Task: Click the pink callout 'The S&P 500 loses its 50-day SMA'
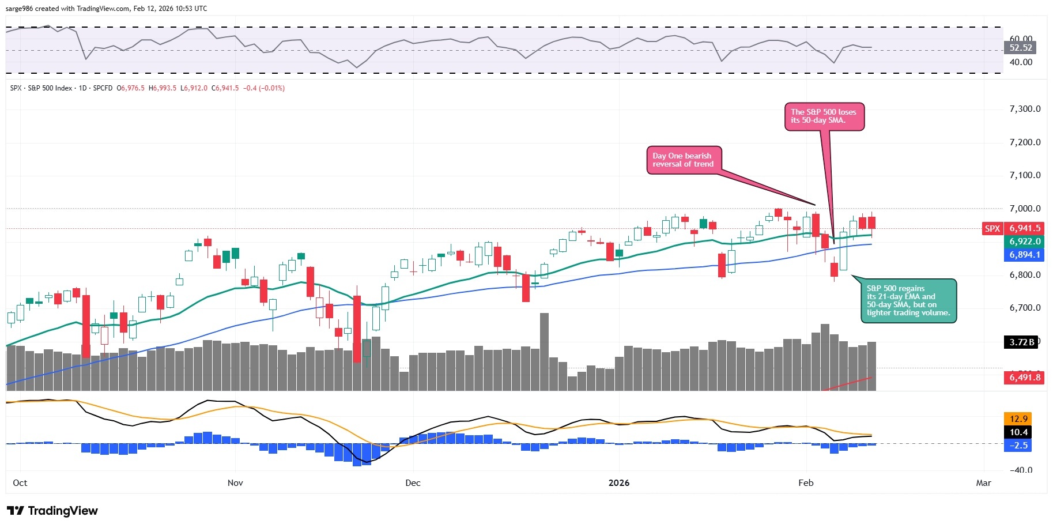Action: pos(824,116)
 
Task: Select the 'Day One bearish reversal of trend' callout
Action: pos(683,160)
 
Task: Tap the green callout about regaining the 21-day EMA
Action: pos(908,300)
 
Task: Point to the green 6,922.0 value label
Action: pos(1024,242)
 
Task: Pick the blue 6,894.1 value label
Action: pos(1024,255)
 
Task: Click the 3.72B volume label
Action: pos(1021,342)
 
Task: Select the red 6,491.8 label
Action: pos(1024,378)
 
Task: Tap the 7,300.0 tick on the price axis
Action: pos(1025,109)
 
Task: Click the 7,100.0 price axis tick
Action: pos(1025,175)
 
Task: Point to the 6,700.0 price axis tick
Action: pos(1025,308)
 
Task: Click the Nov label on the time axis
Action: pos(235,482)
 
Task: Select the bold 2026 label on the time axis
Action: pos(619,482)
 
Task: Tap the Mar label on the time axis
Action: pos(983,482)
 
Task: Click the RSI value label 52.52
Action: pos(1021,48)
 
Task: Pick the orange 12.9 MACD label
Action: pos(1018,419)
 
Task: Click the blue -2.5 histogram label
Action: pos(1018,446)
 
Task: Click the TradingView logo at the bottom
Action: pos(52,511)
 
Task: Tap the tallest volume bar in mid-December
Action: pos(544,352)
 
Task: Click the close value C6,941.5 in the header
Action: pos(225,88)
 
